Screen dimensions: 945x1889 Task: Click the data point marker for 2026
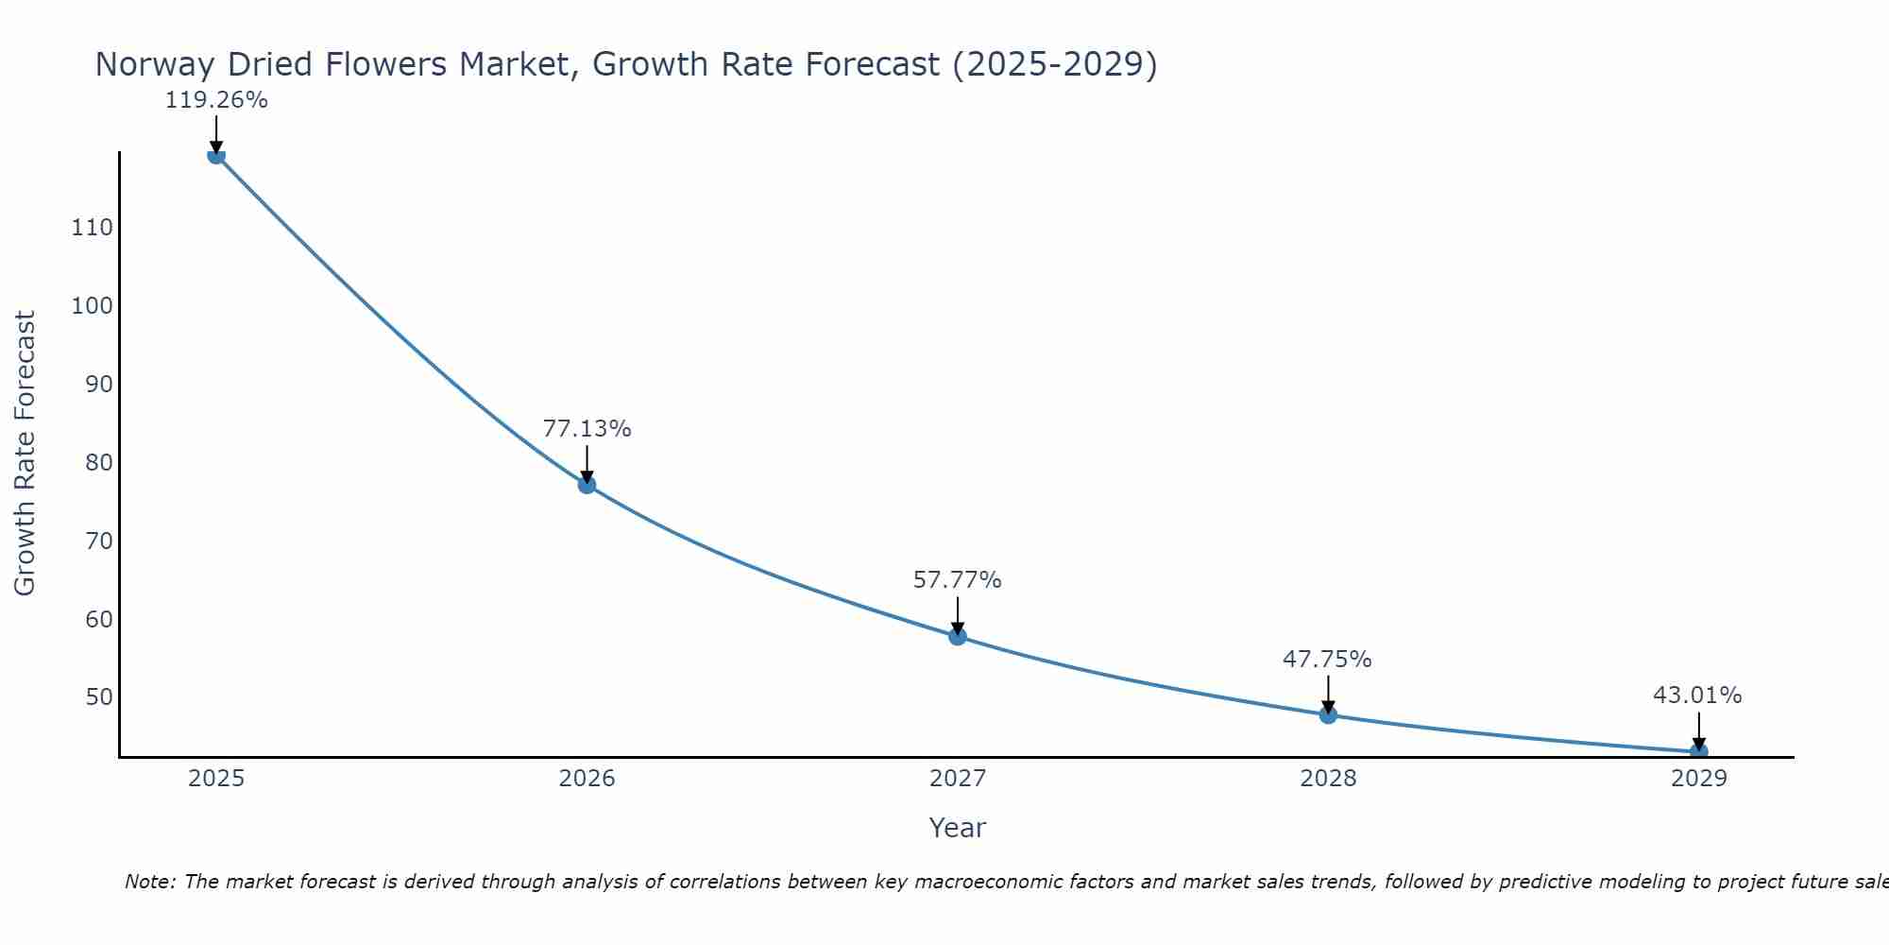587,485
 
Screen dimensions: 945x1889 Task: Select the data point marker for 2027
957,636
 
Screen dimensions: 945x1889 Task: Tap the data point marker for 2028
1328,714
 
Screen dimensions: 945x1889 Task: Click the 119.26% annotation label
216,100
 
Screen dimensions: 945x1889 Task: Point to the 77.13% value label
587,429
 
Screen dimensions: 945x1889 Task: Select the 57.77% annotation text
957,580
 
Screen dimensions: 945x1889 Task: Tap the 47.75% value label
1327,660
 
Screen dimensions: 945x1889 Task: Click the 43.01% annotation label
1697,696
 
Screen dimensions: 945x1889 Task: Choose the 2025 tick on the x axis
216,779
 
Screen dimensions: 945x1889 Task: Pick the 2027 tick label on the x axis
957,779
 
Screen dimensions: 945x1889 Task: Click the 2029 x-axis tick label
1698,779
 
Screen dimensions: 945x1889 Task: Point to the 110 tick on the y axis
92,228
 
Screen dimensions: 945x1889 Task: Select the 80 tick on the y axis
98,463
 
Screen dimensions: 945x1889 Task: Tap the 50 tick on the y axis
98,697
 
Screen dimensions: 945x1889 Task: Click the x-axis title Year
957,828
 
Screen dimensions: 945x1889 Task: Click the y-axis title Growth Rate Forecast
25,453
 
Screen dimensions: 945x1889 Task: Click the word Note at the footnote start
149,882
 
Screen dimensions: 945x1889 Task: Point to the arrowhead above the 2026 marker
587,476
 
